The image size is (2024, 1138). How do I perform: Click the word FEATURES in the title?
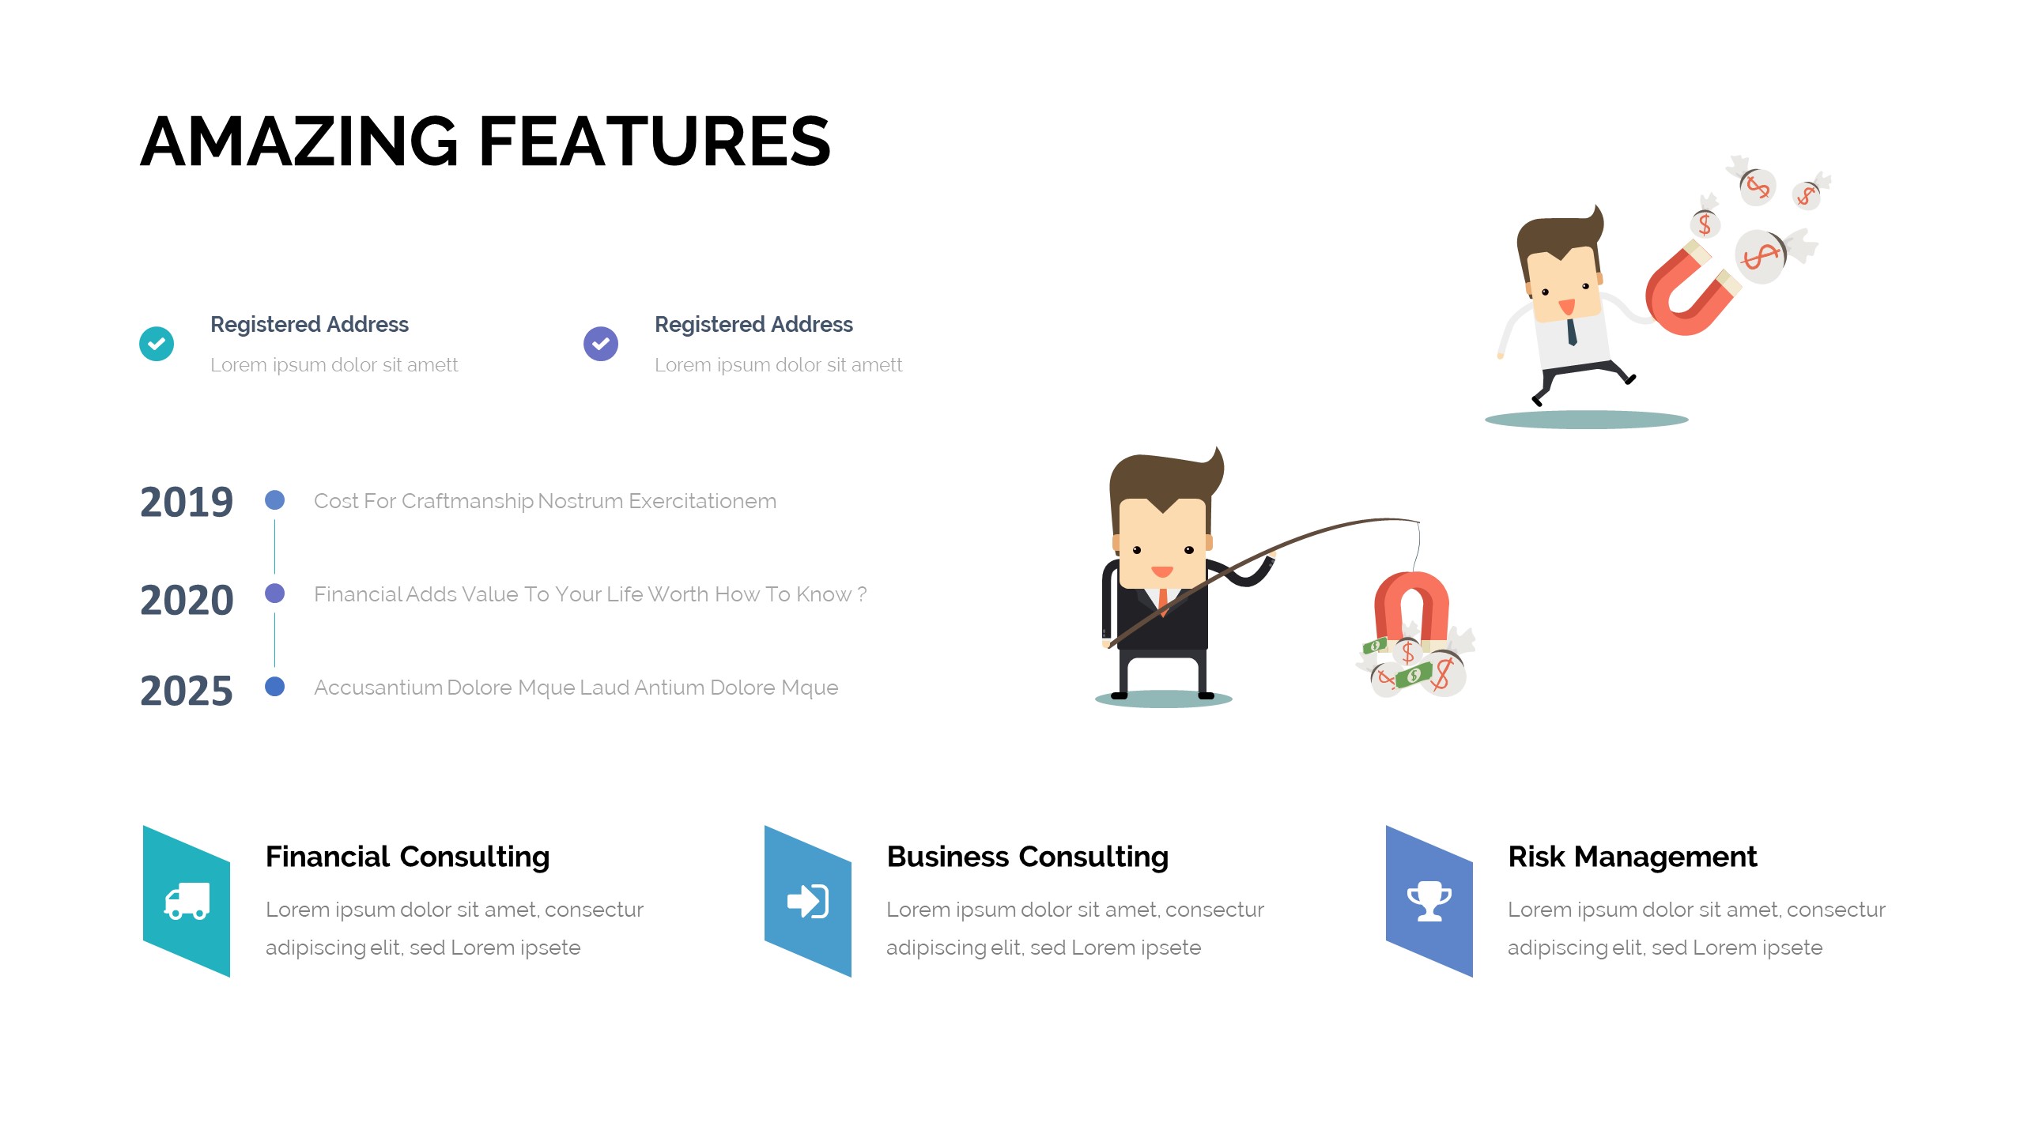(x=655, y=141)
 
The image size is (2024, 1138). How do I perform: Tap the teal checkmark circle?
(x=157, y=344)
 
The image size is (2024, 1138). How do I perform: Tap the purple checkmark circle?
(x=601, y=344)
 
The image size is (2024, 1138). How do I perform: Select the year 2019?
(x=187, y=502)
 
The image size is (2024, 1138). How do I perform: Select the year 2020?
(x=187, y=600)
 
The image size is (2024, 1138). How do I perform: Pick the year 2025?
(x=187, y=691)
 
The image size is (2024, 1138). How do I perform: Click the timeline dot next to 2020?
(x=274, y=593)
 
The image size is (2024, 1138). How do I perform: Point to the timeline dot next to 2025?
(x=274, y=686)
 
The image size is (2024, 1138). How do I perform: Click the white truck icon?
(x=187, y=901)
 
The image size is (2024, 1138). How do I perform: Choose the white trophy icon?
(x=1429, y=902)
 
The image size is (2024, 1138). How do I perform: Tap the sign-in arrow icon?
(x=808, y=901)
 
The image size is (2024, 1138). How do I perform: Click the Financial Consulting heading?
(x=407, y=857)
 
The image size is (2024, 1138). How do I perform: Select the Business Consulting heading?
(x=1028, y=857)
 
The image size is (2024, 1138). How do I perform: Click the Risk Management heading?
(x=1633, y=857)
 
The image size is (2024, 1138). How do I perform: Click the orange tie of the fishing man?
(x=1162, y=601)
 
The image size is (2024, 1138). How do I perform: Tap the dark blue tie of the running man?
(x=1572, y=331)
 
